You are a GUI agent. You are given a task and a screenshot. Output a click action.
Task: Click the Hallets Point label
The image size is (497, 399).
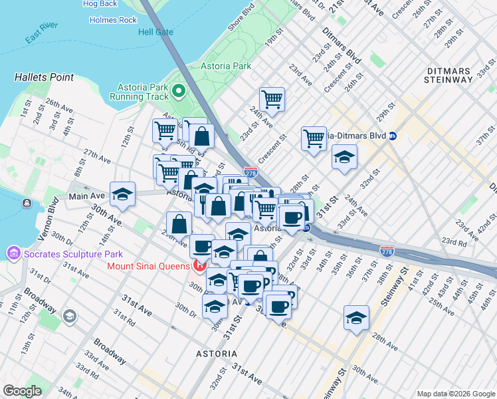pos(44,77)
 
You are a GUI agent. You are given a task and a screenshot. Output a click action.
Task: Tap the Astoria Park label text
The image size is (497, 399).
pos(226,66)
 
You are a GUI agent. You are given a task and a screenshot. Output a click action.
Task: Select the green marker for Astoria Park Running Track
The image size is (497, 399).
pos(178,91)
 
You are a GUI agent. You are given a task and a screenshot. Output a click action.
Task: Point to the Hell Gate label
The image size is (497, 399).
pos(155,32)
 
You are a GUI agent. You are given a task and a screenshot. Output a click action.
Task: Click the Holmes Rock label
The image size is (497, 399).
pos(113,20)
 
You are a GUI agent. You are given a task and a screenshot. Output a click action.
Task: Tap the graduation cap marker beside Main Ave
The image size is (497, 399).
pos(123,194)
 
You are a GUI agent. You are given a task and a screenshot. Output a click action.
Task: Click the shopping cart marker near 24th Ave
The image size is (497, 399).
pos(272,100)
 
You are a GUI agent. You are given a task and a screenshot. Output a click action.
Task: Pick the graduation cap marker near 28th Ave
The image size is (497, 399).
pos(356,318)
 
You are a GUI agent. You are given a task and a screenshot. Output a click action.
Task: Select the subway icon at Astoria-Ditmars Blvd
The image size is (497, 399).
pos(393,136)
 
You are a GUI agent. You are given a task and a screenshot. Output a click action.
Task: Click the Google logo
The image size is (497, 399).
pos(23,391)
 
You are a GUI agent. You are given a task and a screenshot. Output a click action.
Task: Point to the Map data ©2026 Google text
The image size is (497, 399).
pos(455,394)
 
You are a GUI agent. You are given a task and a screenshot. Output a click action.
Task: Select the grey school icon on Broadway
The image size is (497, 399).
pos(69,315)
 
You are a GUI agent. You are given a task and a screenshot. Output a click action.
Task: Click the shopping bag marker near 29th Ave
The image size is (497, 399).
pos(179,224)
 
